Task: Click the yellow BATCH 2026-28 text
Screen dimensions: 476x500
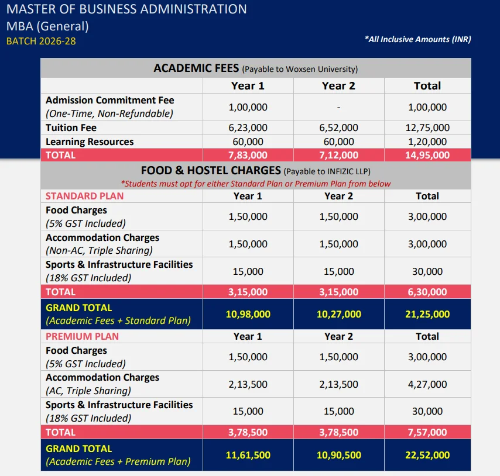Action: (x=41, y=41)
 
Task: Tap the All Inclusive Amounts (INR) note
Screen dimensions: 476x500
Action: (x=417, y=39)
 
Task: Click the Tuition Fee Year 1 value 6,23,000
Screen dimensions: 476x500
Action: (x=248, y=127)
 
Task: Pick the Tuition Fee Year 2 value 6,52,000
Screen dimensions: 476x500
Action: (x=338, y=127)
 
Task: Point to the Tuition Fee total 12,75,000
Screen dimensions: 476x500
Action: (x=427, y=127)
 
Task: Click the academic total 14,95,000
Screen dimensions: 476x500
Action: (x=427, y=155)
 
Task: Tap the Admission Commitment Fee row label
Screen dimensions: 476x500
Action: (x=109, y=101)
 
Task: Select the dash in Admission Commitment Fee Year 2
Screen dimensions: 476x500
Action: (x=338, y=107)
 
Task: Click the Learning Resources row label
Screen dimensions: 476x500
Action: (x=90, y=142)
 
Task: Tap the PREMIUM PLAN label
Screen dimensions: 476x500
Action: (x=82, y=336)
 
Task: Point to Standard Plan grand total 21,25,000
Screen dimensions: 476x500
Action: (x=427, y=314)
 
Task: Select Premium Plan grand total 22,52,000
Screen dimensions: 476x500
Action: (x=427, y=455)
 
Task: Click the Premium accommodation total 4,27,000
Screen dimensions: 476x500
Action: (x=427, y=384)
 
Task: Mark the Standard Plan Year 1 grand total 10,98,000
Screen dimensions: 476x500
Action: (x=248, y=314)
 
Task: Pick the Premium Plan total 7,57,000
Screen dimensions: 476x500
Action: (x=427, y=433)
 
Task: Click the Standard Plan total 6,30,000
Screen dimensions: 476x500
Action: (x=427, y=292)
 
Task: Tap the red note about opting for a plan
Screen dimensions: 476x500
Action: (x=255, y=184)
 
